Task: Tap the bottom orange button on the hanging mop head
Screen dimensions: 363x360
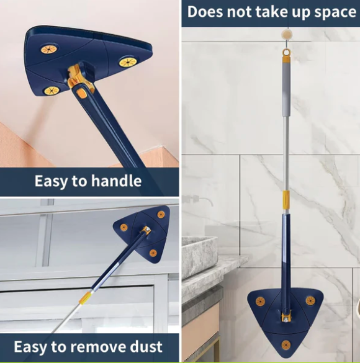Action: point(285,345)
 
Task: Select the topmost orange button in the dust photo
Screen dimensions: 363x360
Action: point(161,214)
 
